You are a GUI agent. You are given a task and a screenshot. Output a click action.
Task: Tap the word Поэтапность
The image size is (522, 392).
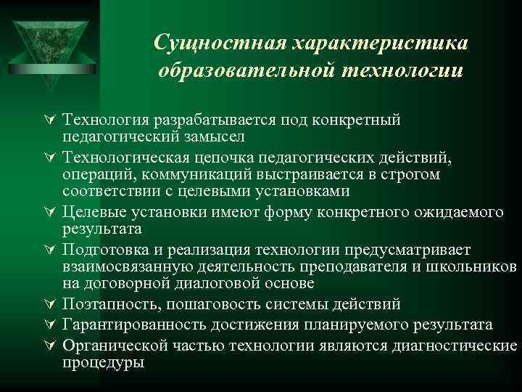coord(105,304)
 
